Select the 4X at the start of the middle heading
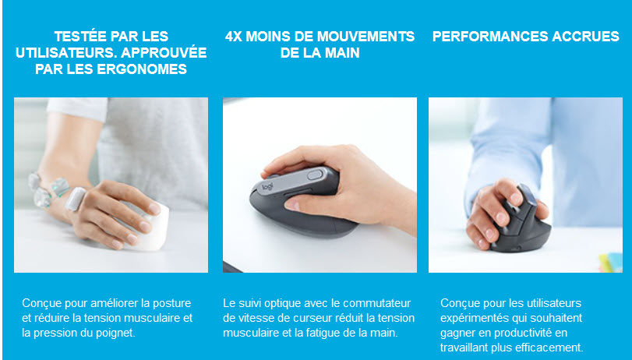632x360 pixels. point(233,37)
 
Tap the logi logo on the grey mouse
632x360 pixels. point(267,187)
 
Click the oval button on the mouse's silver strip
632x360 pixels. point(315,175)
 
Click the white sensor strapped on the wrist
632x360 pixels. point(76,199)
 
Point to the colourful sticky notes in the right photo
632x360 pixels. point(610,263)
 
